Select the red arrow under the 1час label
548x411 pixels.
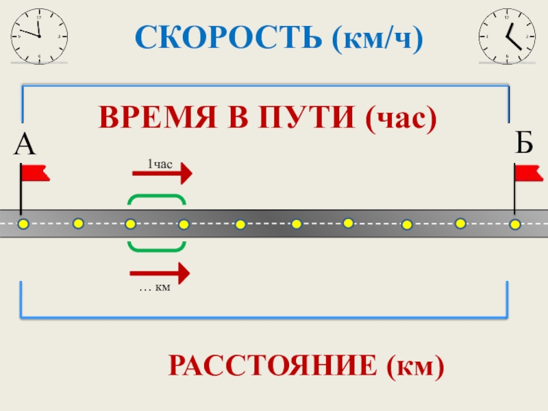pyautogui.click(x=162, y=174)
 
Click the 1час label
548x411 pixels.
pyautogui.click(x=160, y=163)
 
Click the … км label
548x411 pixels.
pyautogui.click(x=154, y=289)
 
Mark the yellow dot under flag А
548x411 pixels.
pyautogui.click(x=23, y=224)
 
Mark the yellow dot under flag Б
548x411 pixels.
pyautogui.click(x=515, y=224)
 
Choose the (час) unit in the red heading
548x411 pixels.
pyautogui.click(x=401, y=119)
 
